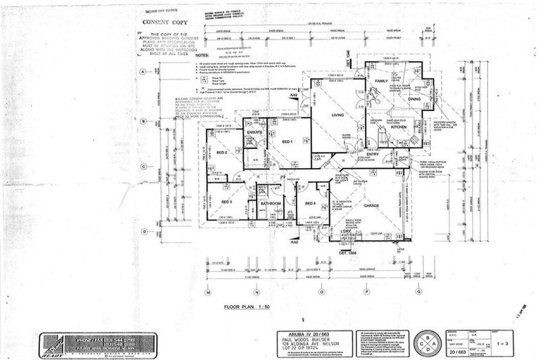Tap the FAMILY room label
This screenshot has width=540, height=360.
(x=381, y=82)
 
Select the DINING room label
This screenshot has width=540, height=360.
(x=414, y=99)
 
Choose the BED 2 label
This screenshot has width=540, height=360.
(x=221, y=153)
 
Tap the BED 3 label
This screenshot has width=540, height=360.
(x=226, y=202)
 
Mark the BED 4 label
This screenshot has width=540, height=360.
(x=310, y=203)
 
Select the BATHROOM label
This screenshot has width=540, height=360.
(x=271, y=204)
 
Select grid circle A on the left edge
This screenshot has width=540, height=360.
(x=143, y=72)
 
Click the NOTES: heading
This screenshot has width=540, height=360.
(x=203, y=55)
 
